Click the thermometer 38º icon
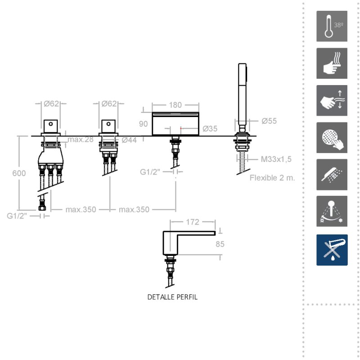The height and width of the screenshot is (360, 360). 332,26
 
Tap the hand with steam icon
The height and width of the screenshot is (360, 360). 332,63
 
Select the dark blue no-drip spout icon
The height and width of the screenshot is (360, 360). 332,250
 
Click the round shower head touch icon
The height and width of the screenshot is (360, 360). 332,138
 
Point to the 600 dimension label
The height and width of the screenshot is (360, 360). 19,173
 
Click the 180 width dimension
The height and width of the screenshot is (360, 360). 175,105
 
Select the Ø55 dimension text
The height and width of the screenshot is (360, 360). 269,121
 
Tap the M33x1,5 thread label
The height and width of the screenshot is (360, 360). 276,159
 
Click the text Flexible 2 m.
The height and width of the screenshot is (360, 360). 272,178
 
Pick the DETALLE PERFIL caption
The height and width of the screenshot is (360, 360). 172,297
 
